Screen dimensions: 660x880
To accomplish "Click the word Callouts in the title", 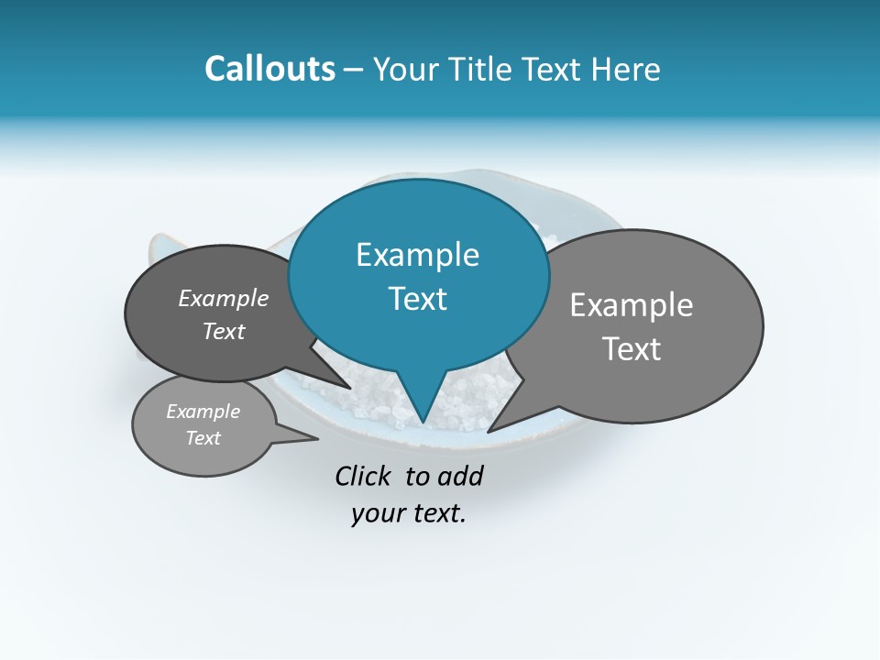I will tap(269, 70).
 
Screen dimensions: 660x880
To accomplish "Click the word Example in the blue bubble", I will tap(417, 255).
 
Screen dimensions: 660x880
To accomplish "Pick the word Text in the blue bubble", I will tap(417, 299).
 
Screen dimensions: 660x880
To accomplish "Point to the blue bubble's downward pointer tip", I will tap(422, 423).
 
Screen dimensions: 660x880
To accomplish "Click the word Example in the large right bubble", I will tap(632, 305).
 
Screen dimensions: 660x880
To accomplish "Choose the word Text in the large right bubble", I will tap(632, 349).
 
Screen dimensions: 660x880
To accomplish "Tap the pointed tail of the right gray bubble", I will tap(489, 431).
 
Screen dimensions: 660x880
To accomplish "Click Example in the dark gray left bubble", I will tap(223, 299).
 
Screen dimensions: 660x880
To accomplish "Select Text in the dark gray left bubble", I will tap(223, 332).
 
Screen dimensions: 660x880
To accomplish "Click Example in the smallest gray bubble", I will tap(203, 412).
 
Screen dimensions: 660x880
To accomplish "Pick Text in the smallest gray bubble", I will tap(203, 438).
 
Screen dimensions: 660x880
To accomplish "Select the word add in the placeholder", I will tap(460, 476).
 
